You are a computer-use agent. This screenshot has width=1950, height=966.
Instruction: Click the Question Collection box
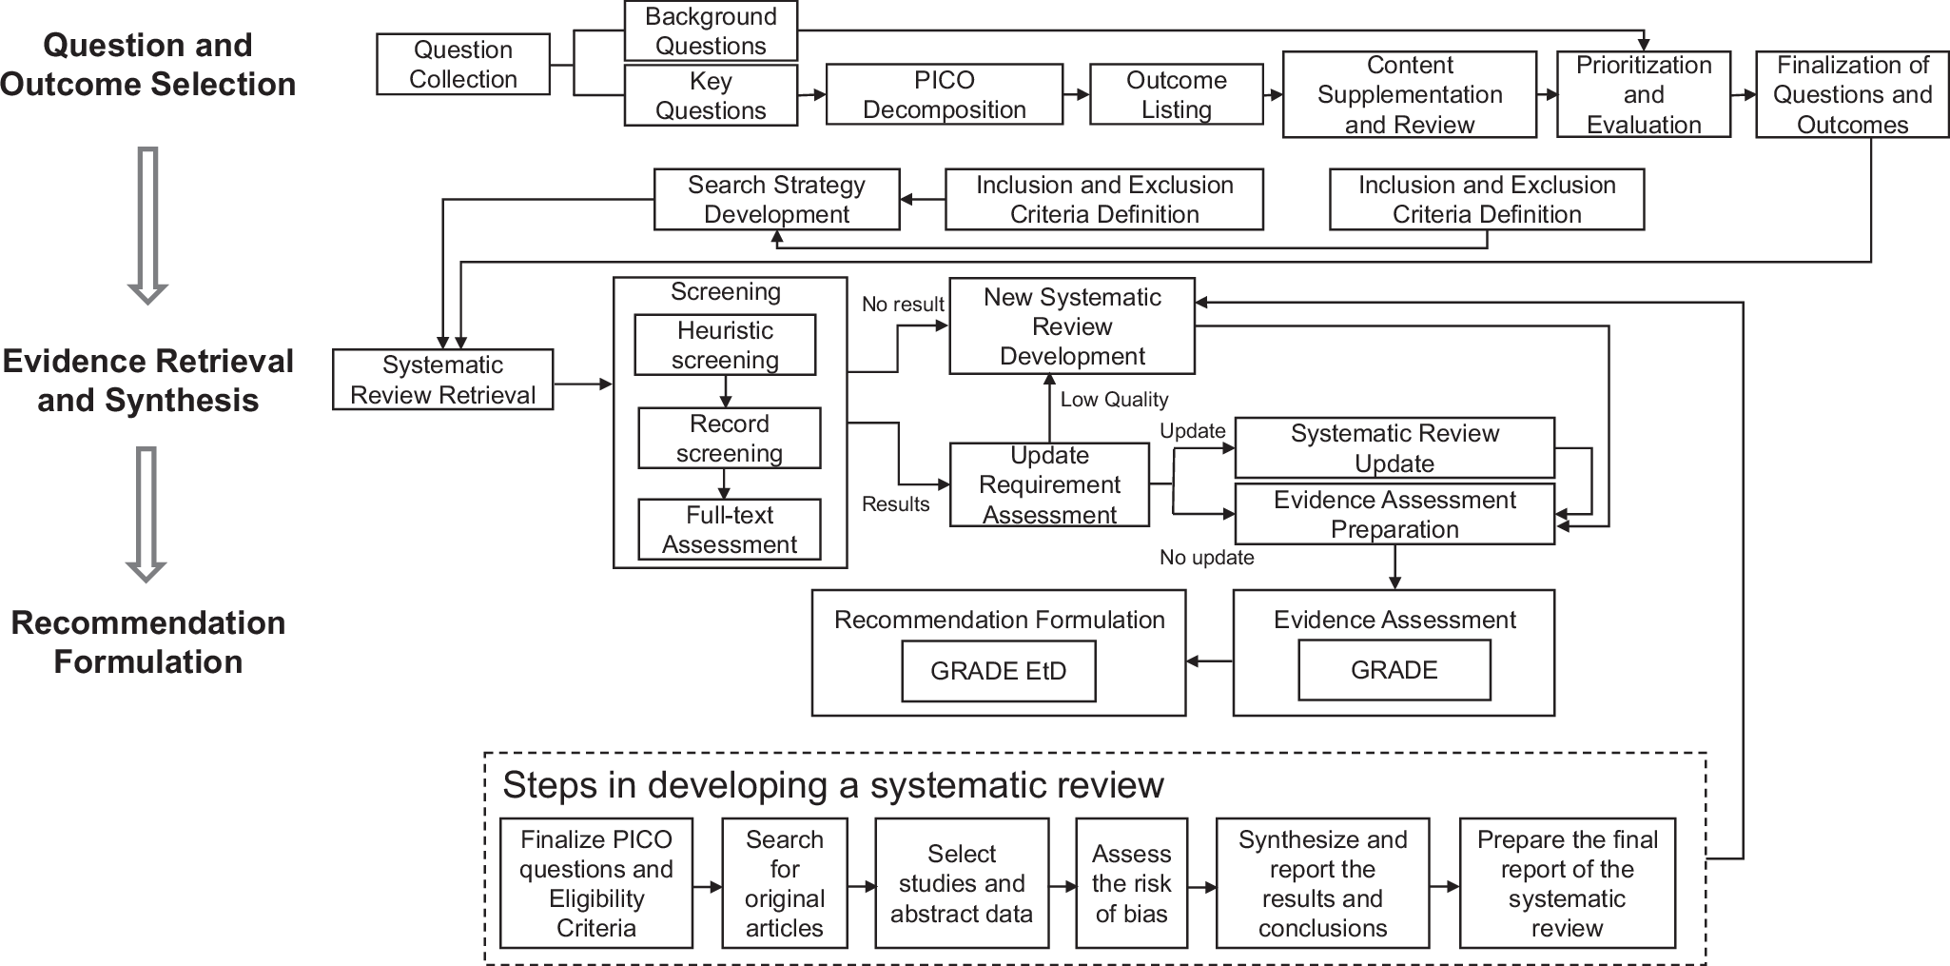pos(462,65)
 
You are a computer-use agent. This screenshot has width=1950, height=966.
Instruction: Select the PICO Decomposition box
pos(944,94)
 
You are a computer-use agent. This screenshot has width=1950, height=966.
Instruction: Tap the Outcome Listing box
pos(1176,94)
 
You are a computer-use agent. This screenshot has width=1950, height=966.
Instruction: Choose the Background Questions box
pos(711,31)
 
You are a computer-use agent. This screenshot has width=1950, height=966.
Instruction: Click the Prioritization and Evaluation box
pos(1643,94)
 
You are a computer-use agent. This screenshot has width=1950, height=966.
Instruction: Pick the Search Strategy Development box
pos(776,199)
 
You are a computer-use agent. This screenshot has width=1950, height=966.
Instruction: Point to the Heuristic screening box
pos(725,345)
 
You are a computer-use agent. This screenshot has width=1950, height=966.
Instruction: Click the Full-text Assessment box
pos(729,529)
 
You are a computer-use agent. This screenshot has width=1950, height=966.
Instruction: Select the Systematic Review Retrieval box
pos(442,380)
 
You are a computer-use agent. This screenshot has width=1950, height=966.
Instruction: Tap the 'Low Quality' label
pos(1114,400)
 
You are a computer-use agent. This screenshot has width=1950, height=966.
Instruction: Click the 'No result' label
pos(903,305)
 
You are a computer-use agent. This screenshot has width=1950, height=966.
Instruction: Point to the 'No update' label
pos(1206,558)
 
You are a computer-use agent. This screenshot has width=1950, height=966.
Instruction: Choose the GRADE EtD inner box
pos(998,671)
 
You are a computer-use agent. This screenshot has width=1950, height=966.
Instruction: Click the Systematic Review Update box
pos(1394,448)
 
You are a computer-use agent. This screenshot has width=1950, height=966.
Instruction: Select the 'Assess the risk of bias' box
pos(1130,883)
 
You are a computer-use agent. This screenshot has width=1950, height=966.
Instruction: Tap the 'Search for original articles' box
pos(784,883)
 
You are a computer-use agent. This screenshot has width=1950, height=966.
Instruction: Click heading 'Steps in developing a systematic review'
pos(832,785)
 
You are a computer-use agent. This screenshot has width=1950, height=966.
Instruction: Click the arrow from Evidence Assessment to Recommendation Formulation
pos(1209,661)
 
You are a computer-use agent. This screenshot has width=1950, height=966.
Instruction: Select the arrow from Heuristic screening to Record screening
pos(725,391)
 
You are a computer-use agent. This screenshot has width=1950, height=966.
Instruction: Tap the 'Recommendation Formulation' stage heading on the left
pos(147,642)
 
